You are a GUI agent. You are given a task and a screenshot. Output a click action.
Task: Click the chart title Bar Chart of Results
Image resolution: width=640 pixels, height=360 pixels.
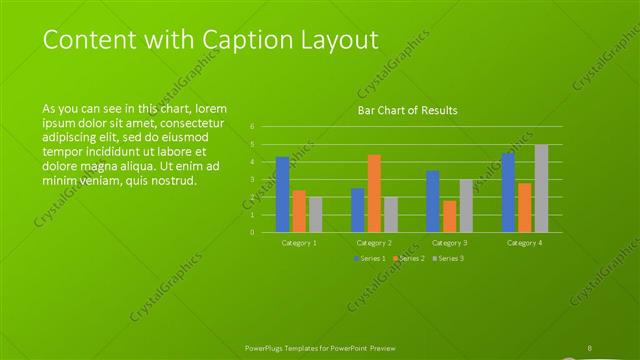pos(408,110)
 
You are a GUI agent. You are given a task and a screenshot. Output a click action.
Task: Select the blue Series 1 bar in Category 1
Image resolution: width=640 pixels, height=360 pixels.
pos(282,194)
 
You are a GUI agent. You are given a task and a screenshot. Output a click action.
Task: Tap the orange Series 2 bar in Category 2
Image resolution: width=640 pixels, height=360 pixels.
pos(374,193)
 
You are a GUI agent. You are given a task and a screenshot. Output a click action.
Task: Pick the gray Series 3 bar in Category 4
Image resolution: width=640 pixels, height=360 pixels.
pos(541,188)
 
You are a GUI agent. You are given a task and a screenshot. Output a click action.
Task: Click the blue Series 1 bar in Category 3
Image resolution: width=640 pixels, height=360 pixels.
pos(433,201)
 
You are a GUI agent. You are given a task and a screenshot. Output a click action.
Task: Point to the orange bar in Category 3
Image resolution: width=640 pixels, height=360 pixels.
pos(449,216)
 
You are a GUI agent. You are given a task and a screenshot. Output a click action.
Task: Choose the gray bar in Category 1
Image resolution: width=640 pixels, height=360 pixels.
pos(315,214)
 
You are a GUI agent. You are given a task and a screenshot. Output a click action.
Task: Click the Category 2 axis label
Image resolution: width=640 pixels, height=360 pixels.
pos(374,242)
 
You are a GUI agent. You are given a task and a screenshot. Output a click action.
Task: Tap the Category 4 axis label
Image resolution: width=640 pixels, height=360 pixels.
pos(524,242)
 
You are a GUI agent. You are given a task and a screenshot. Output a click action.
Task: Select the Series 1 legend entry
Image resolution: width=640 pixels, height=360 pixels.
pos(367,259)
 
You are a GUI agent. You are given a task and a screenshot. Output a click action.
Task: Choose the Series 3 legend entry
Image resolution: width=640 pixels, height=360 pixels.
pos(448,259)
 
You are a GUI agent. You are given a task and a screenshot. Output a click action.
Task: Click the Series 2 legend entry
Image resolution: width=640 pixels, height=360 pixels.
pos(408,259)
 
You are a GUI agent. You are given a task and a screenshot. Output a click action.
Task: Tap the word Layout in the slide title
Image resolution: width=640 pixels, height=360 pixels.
pos(343,41)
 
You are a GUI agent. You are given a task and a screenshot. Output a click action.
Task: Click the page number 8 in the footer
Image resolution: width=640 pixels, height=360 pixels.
pos(590,347)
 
